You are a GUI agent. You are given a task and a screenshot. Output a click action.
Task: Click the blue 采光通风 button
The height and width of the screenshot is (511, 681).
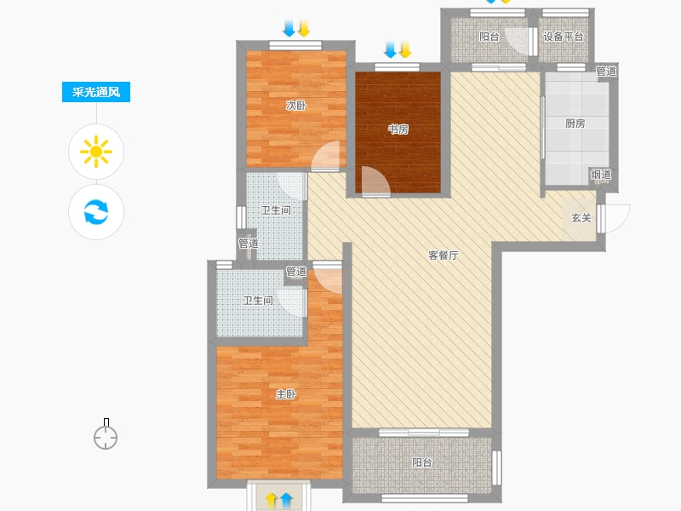pyautogui.click(x=96, y=92)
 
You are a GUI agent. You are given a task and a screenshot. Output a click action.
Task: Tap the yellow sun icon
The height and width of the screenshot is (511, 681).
pyautogui.click(x=96, y=152)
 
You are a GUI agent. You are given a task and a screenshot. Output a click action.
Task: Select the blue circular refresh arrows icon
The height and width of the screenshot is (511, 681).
pyautogui.click(x=96, y=212)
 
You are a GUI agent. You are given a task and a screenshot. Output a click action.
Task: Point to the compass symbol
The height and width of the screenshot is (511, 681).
pyautogui.click(x=106, y=434)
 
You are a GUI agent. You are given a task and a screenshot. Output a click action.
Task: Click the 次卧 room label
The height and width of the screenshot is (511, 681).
pyautogui.click(x=295, y=105)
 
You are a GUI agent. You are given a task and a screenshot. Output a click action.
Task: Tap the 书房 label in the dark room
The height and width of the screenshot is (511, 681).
pyautogui.click(x=398, y=129)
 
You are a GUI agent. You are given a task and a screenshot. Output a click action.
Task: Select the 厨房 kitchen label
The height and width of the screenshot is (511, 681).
pyautogui.click(x=575, y=123)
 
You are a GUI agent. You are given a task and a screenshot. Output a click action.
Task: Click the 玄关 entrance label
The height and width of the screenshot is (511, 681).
pyautogui.click(x=581, y=218)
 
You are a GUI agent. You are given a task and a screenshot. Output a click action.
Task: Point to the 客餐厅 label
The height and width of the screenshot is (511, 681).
pyautogui.click(x=443, y=255)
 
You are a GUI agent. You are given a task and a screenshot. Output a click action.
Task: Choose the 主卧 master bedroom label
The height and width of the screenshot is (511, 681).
pyautogui.click(x=286, y=394)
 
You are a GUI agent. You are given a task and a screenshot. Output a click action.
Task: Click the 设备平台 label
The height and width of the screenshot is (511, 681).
pyautogui.click(x=563, y=37)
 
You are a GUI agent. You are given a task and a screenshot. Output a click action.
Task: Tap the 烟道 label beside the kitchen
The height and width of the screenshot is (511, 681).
pyautogui.click(x=601, y=175)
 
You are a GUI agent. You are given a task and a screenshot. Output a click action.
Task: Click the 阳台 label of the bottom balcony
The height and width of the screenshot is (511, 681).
pyautogui.click(x=421, y=462)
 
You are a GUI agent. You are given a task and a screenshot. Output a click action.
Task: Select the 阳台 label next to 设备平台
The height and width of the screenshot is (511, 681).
pyautogui.click(x=489, y=37)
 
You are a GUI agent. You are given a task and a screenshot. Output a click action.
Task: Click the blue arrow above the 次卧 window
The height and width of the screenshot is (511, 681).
pyautogui.click(x=289, y=28)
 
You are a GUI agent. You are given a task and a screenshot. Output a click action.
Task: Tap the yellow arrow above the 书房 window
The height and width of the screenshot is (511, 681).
pyautogui.click(x=405, y=50)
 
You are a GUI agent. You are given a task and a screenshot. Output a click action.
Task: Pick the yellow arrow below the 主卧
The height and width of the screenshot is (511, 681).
pyautogui.click(x=272, y=500)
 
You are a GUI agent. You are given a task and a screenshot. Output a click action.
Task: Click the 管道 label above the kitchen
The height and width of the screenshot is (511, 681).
pyautogui.click(x=606, y=71)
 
